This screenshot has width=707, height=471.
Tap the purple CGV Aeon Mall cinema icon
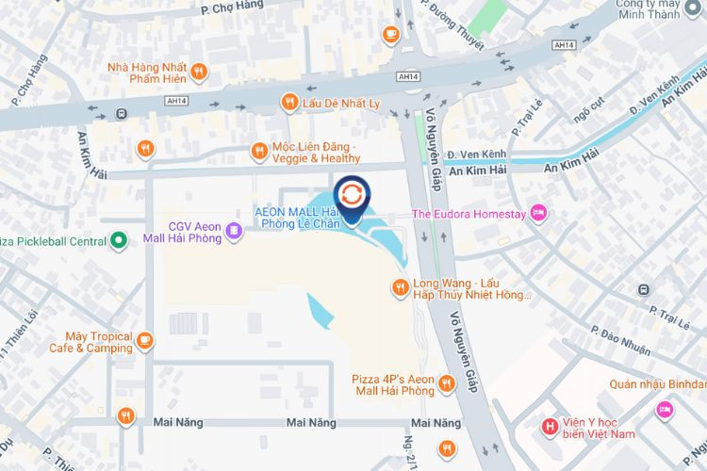click(x=232, y=232)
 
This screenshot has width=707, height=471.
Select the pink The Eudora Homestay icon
click(x=538, y=213)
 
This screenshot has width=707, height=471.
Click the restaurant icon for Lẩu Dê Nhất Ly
click(x=289, y=102)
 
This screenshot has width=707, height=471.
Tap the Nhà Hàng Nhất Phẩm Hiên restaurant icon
click(x=198, y=71)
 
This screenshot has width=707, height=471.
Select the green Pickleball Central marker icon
click(x=119, y=241)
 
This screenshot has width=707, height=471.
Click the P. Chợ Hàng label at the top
click(x=232, y=8)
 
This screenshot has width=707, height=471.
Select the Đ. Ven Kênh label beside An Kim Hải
click(x=477, y=154)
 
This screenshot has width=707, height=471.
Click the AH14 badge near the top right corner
click(x=565, y=44)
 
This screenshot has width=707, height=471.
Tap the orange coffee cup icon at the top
click(x=390, y=33)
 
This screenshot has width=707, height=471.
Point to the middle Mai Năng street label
click(x=312, y=423)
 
